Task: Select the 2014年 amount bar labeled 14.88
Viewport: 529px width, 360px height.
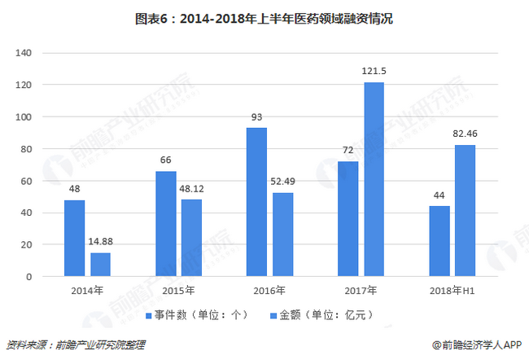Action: tap(101, 265)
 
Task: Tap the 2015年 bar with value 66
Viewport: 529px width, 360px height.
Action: tap(166, 224)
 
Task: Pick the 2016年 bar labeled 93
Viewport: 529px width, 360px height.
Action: tap(257, 202)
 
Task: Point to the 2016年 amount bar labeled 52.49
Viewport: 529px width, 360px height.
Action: tap(282, 235)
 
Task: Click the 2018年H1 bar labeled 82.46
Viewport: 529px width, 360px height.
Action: tap(465, 211)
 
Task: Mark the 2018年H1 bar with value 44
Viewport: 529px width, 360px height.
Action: tap(439, 241)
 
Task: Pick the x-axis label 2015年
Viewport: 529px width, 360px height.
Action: tap(179, 290)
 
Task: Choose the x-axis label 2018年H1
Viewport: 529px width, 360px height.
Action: tap(452, 290)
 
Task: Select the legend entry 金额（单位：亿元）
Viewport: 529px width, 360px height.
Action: tap(326, 314)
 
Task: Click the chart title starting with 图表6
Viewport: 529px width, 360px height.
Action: tap(264, 17)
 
